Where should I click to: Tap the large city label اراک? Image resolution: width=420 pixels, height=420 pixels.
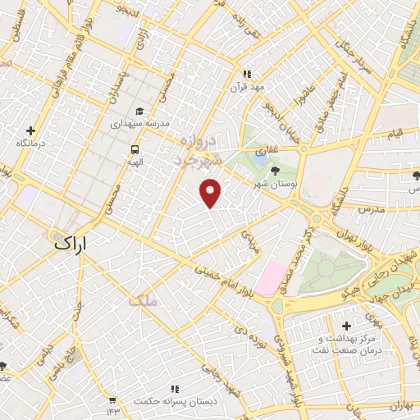click(75, 244)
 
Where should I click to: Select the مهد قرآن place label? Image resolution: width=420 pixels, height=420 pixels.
click(249, 86)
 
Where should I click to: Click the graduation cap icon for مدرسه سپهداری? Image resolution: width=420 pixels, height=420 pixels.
click(139, 111)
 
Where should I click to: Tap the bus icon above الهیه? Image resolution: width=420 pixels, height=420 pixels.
click(134, 149)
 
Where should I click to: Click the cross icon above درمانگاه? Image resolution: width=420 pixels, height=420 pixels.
click(30, 130)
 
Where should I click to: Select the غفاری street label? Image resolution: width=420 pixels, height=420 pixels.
click(267, 152)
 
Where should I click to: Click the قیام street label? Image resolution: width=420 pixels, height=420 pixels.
click(395, 132)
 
